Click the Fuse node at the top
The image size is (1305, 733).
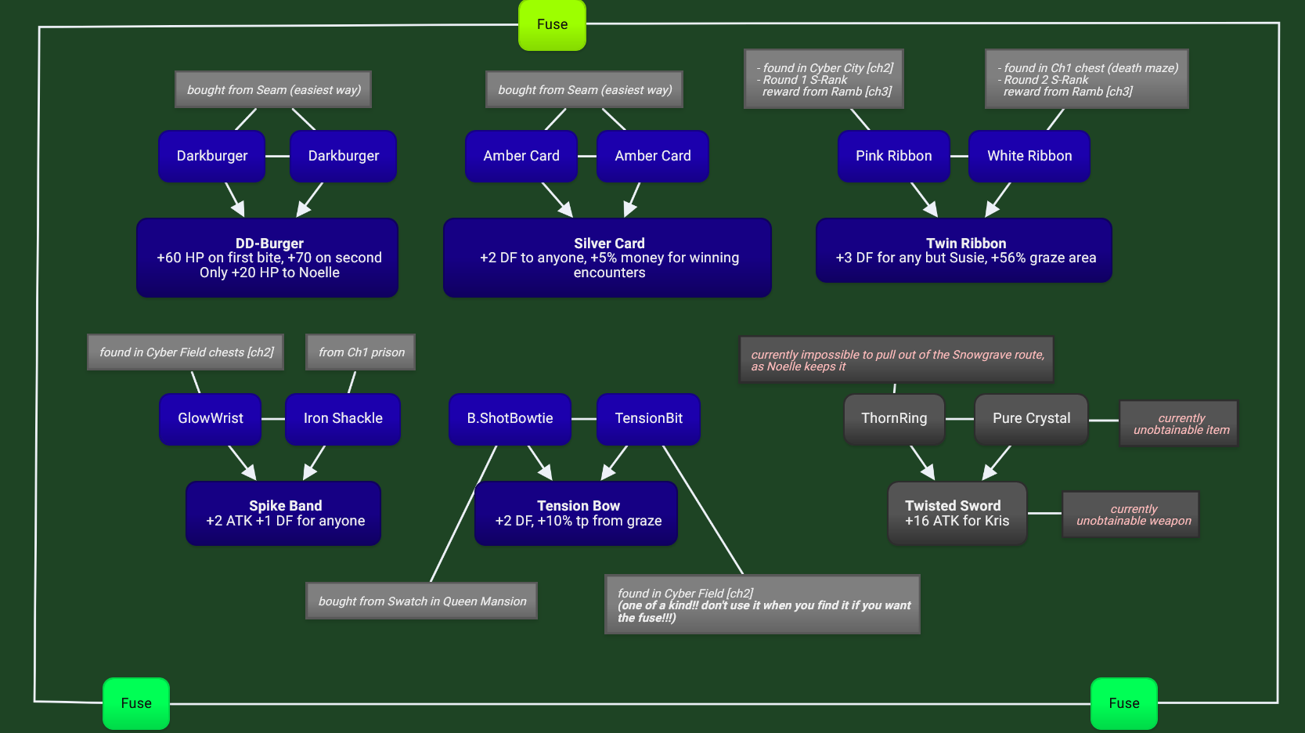[x=552, y=25]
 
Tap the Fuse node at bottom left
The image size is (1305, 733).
[x=136, y=703]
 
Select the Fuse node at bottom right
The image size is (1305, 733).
[x=1123, y=703]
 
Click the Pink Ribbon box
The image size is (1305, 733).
[x=893, y=156]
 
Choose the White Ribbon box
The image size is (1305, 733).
[x=1029, y=156]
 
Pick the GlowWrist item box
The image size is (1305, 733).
[x=210, y=418]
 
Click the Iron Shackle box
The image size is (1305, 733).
[x=343, y=418]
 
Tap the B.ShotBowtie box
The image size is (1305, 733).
[x=510, y=418]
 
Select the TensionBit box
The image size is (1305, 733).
[x=648, y=418]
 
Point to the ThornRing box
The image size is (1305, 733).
[x=894, y=418]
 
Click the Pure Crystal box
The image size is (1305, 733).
[x=1031, y=418]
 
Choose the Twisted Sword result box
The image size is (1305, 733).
[x=957, y=513]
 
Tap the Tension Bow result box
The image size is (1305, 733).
[x=576, y=513]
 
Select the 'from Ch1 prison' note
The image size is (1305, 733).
[x=361, y=352]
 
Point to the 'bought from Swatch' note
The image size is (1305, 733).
[x=421, y=601]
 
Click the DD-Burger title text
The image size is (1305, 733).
[x=269, y=244]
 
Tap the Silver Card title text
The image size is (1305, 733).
[x=609, y=244]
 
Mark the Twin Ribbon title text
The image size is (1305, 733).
[x=966, y=244]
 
